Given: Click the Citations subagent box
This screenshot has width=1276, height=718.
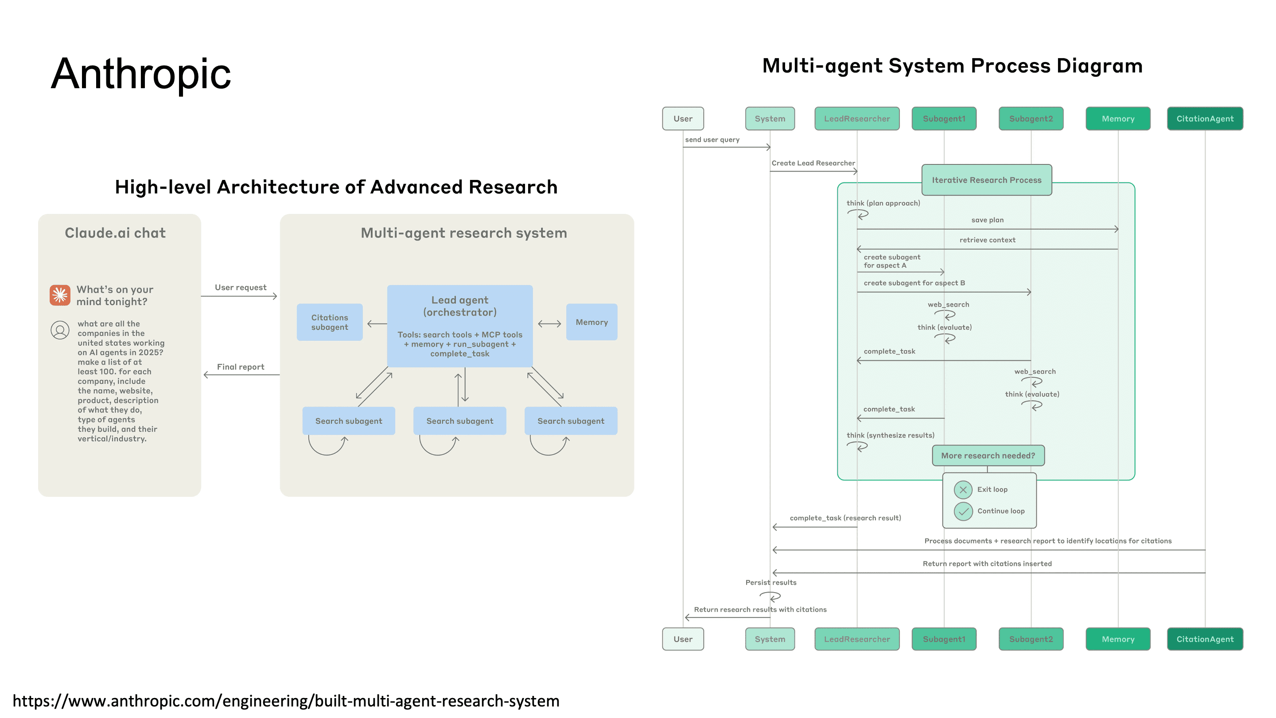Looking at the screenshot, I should click(329, 322).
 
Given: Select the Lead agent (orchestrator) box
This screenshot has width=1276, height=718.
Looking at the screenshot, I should click(460, 326).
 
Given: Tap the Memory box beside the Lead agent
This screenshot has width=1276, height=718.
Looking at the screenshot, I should click(591, 322).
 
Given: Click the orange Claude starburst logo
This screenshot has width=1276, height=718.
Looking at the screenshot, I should click(60, 295).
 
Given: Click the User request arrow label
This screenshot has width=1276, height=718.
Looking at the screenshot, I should click(240, 287).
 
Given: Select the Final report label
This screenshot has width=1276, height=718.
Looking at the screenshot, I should click(240, 367).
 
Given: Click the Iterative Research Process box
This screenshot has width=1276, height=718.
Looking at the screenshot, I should click(986, 180).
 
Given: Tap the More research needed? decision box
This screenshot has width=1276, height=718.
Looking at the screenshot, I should click(988, 455).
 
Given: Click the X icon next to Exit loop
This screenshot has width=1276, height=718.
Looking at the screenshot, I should click(963, 490).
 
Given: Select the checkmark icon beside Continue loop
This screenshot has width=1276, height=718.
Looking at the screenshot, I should click(963, 511).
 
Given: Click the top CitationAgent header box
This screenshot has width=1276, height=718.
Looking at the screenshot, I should click(1205, 118).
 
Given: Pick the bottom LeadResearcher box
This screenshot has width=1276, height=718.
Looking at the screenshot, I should click(856, 639).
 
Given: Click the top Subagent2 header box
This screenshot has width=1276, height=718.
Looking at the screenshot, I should click(1031, 118).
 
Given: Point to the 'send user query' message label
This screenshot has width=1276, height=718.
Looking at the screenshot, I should click(712, 140).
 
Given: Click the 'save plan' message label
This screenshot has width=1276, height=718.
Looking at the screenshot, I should click(987, 220).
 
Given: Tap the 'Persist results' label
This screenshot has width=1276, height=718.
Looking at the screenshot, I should click(771, 582).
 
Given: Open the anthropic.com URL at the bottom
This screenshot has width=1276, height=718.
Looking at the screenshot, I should click(286, 701).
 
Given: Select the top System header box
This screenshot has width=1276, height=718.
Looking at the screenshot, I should click(770, 118).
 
